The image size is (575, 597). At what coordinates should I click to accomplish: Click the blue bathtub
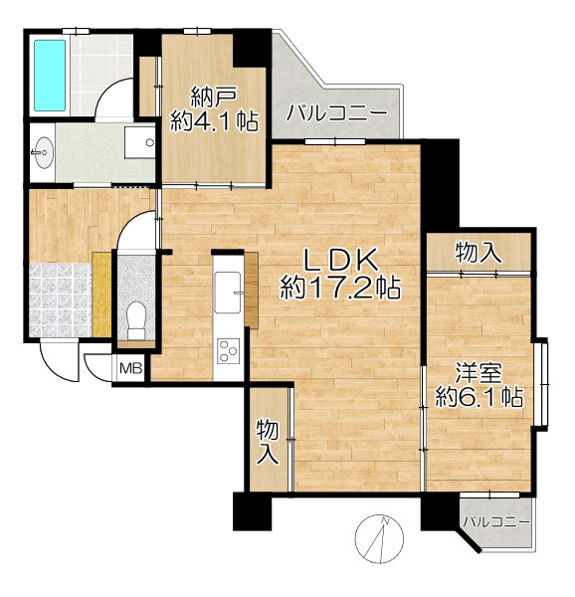[50, 75]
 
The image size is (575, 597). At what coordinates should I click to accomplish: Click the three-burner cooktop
[229, 350]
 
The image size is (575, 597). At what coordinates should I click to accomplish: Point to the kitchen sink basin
[229, 293]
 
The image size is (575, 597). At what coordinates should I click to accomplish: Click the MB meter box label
[131, 368]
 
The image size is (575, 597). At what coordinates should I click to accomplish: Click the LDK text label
[340, 260]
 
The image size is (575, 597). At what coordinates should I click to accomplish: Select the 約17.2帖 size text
[340, 288]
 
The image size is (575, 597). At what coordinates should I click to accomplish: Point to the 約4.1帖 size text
[214, 121]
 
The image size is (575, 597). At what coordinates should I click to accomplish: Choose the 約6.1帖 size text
[479, 397]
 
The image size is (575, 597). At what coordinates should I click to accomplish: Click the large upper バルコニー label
[336, 113]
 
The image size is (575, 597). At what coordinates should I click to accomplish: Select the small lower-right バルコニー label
[496, 521]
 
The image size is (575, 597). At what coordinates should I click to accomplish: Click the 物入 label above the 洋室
[479, 253]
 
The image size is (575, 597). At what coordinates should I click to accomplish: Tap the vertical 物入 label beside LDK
[269, 442]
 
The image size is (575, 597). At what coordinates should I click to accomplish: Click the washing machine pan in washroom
[139, 142]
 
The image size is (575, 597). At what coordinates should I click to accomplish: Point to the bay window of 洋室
[541, 384]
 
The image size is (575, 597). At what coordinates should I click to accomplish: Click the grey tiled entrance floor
[60, 300]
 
